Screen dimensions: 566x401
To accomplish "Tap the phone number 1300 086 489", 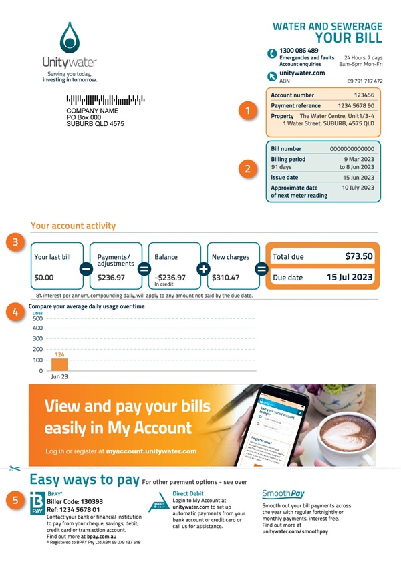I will (x=299, y=51).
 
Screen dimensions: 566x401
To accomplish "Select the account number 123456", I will (x=364, y=95).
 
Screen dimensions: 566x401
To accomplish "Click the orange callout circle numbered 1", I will (x=248, y=111).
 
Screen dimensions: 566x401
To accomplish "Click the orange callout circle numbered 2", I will (x=248, y=169).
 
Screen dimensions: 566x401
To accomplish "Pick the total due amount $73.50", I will (x=359, y=256).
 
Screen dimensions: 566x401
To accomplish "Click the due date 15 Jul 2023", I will (x=350, y=276).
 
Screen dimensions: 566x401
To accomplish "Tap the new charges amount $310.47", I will (x=225, y=276).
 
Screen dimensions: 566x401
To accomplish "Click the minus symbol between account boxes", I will (x=86, y=269).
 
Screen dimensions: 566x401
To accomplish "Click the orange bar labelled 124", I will (x=59, y=365).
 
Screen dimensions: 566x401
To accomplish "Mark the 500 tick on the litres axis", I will (x=37, y=318).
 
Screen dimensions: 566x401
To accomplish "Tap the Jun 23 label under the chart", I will (x=59, y=377).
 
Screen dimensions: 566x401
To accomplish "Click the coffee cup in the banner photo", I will (x=348, y=441).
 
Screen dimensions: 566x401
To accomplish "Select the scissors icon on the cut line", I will (x=15, y=469).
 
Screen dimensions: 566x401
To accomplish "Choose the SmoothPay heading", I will (x=283, y=494).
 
